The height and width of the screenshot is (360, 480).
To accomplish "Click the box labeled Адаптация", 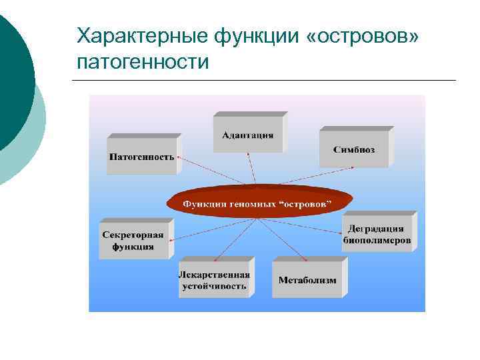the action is coord(247,135).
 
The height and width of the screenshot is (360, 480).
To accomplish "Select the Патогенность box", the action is coord(141,157).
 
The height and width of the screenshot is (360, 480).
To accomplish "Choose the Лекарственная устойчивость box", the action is coord(214,281).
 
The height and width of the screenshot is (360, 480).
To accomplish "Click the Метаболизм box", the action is coord(307,280).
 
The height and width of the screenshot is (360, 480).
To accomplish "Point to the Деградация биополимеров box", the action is coord(377,234).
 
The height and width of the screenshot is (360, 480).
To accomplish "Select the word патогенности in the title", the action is coord(143,62).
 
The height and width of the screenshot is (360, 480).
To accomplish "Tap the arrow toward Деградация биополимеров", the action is coord(313,220).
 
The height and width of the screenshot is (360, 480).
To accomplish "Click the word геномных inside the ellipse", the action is coord(254,203).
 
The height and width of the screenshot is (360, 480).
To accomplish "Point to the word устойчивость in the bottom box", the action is coord(214,287).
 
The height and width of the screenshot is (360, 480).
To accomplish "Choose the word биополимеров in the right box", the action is coord(377,241).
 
